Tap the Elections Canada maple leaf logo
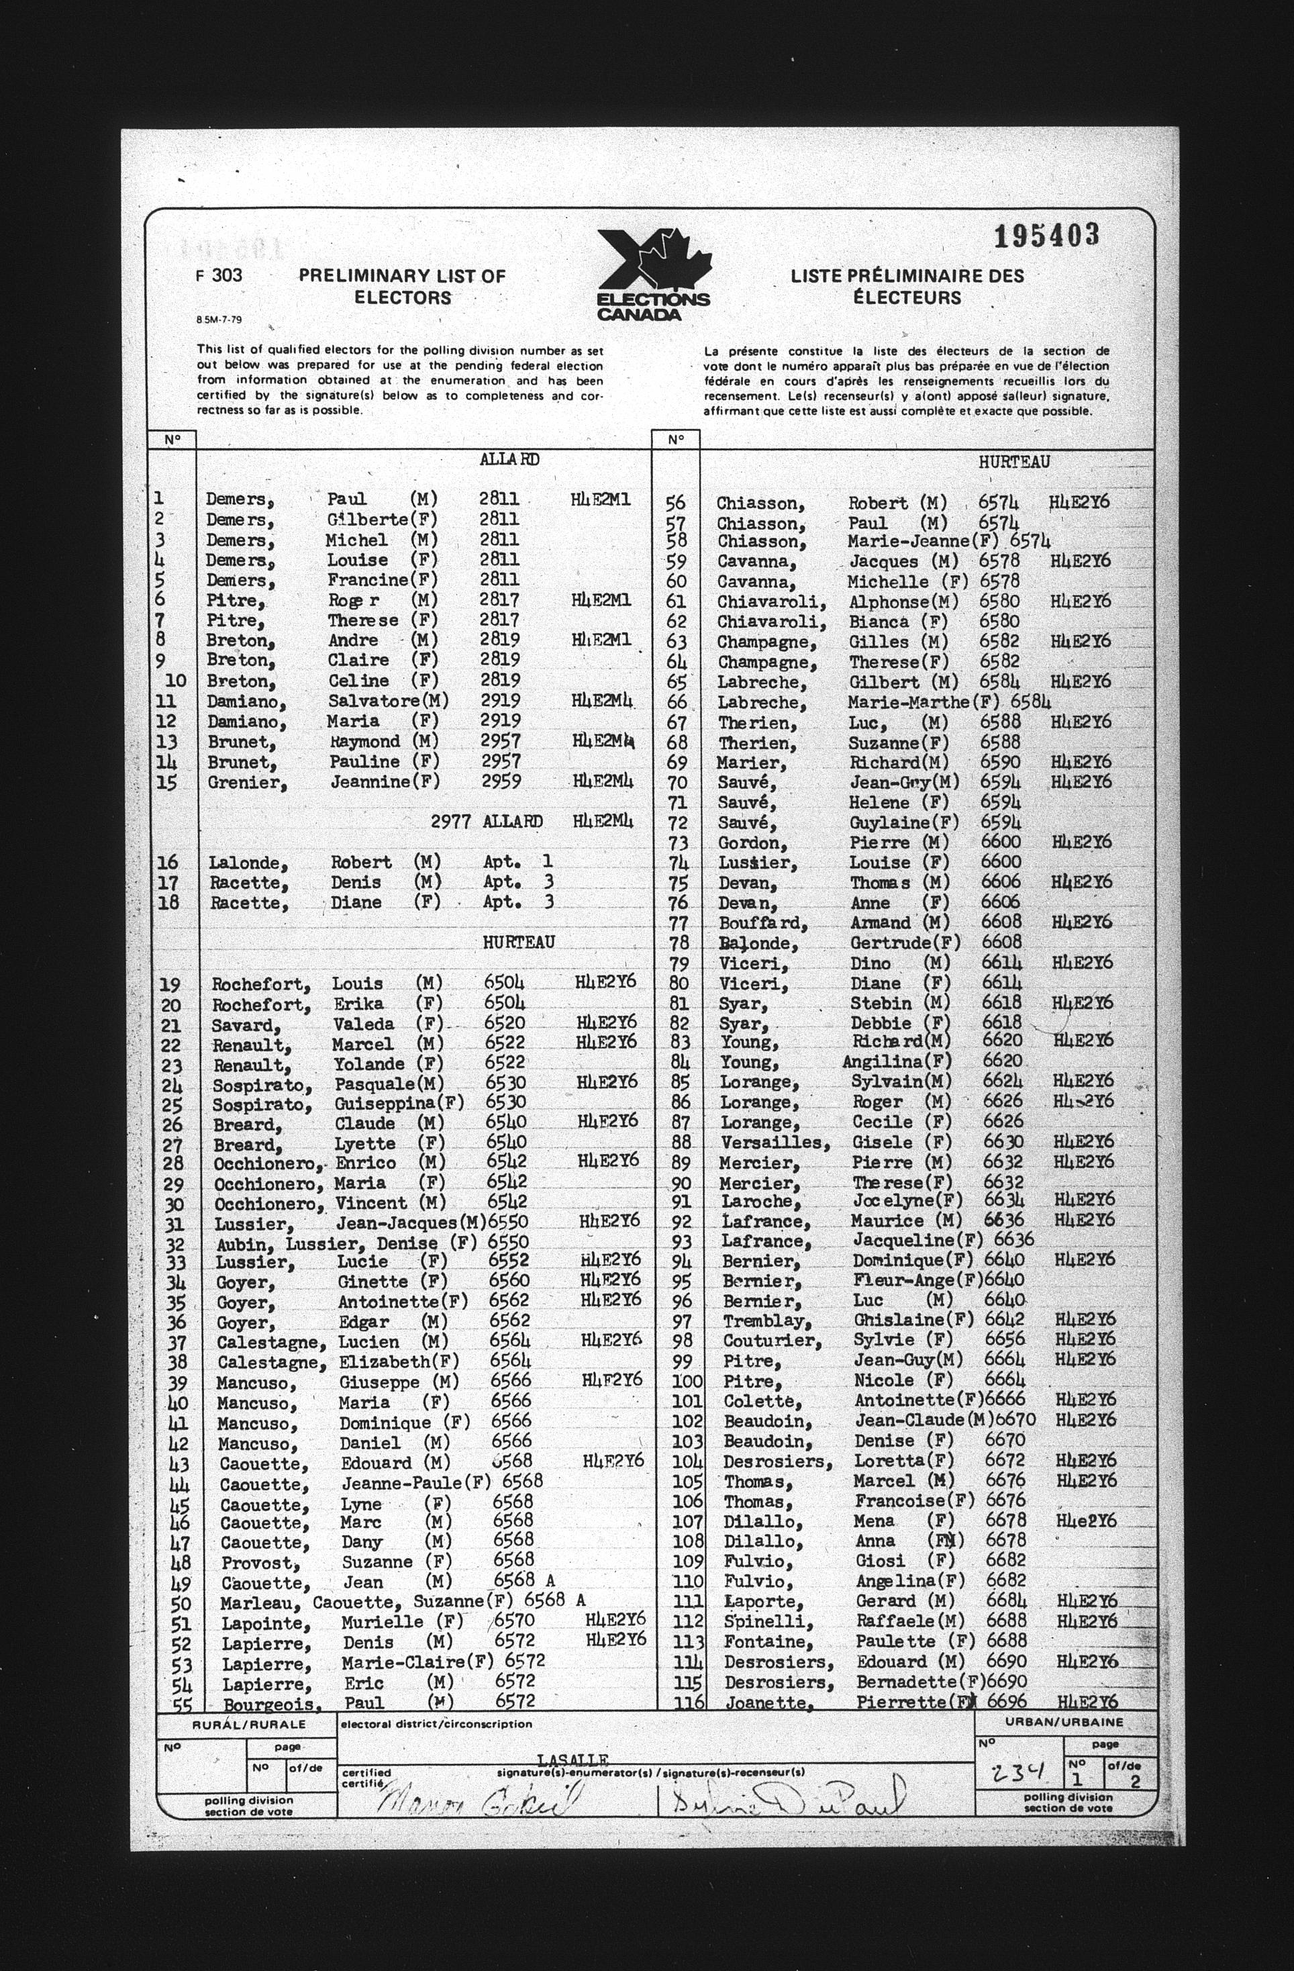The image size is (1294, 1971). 654,274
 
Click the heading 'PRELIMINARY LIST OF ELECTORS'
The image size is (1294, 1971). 402,287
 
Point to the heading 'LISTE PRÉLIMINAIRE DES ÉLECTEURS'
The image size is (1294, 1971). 907,287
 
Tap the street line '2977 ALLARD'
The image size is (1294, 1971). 487,822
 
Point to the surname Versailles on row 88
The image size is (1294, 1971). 775,1143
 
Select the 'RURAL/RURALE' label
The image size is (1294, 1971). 249,1723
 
